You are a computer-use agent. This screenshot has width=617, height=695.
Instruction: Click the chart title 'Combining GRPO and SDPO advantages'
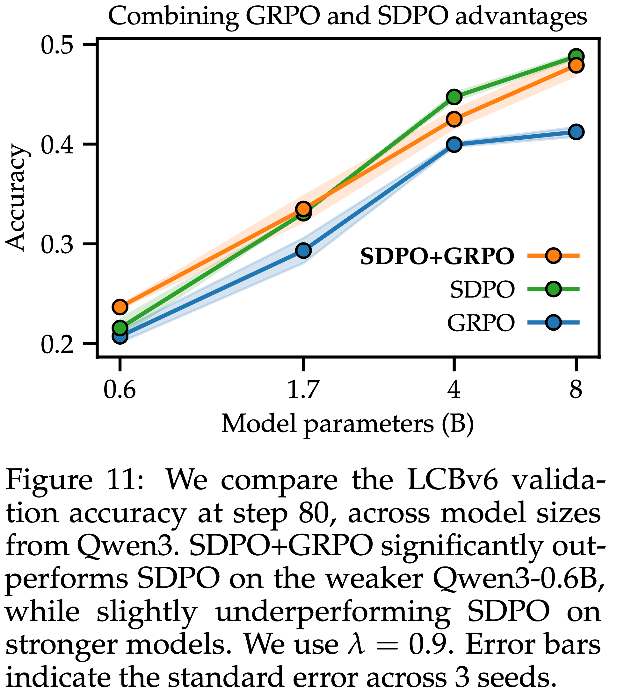pyautogui.click(x=347, y=16)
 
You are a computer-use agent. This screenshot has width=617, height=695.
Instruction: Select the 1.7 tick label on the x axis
pyautogui.click(x=303, y=390)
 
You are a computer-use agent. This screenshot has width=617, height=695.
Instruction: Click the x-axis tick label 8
pyautogui.click(x=576, y=390)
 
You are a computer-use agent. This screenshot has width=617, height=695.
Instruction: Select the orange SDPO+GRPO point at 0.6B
pyautogui.click(x=120, y=307)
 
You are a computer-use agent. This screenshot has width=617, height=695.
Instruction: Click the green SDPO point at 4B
pyautogui.click(x=454, y=97)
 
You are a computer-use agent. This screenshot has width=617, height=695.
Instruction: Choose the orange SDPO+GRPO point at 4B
pyautogui.click(x=454, y=119)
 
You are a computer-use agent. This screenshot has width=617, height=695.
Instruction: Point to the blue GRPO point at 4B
pyautogui.click(x=454, y=144)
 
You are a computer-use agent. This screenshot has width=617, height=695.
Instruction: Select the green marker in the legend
pyautogui.click(x=553, y=289)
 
